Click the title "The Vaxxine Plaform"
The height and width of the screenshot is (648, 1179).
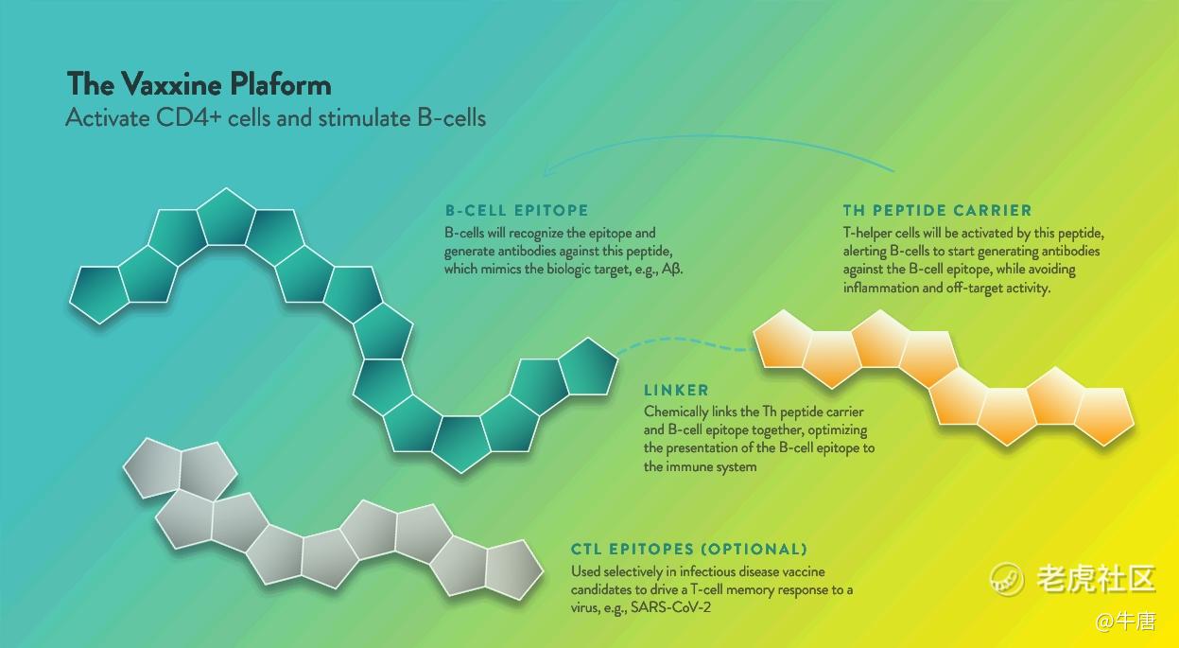pos(199,84)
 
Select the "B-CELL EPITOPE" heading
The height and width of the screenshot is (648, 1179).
pos(517,211)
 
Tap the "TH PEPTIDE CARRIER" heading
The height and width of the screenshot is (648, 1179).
pos(937,211)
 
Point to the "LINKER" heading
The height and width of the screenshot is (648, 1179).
pos(676,391)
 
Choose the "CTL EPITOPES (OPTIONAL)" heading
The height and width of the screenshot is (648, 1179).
pos(689,550)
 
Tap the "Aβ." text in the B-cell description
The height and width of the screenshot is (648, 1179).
pos(672,270)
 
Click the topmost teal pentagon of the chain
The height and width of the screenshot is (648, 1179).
pos(226,219)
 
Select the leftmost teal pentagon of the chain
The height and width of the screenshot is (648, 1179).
pos(99,293)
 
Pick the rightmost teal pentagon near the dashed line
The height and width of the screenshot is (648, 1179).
pos(588,368)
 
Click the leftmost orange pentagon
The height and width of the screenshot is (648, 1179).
pos(782,340)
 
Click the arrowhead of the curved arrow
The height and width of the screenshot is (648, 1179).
pos(547,170)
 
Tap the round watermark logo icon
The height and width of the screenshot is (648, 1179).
pos(1006,579)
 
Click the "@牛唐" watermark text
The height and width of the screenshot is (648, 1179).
pos(1125,622)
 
